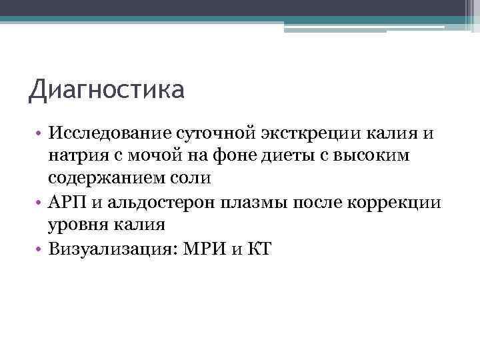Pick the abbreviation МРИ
coord(204,247)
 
